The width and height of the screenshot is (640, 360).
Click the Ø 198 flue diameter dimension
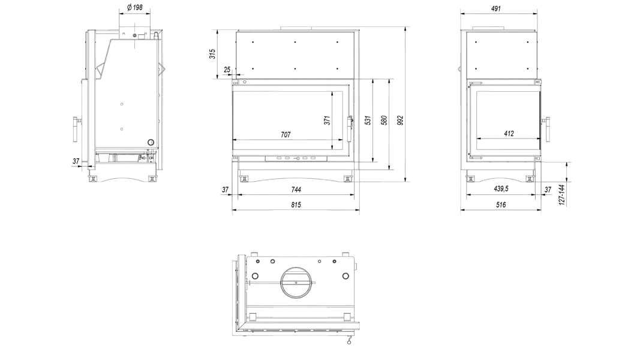[135, 7]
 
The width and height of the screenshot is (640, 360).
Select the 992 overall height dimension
[401, 121]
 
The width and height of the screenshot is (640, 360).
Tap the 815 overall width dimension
[296, 205]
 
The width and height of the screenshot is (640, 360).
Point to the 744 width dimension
[296, 190]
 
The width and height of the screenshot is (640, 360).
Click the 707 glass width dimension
[286, 134]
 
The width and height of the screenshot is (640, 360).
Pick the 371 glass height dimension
[327, 120]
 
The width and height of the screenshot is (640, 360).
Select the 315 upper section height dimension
[213, 54]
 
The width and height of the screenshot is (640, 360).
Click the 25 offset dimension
[227, 70]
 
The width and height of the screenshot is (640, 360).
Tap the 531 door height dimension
[368, 120]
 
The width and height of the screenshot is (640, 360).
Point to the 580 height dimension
[384, 120]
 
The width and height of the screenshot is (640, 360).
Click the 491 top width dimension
[496, 8]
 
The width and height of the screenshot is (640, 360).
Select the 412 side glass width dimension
[509, 133]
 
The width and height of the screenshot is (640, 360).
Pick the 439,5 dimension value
[501, 189]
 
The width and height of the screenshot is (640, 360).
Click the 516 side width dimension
[501, 205]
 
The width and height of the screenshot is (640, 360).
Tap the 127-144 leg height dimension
[562, 194]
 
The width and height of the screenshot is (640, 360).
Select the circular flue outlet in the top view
[296, 283]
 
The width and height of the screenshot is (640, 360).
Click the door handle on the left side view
[76, 130]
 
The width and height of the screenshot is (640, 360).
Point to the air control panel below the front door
[296, 158]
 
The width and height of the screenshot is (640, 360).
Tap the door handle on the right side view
[546, 130]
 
